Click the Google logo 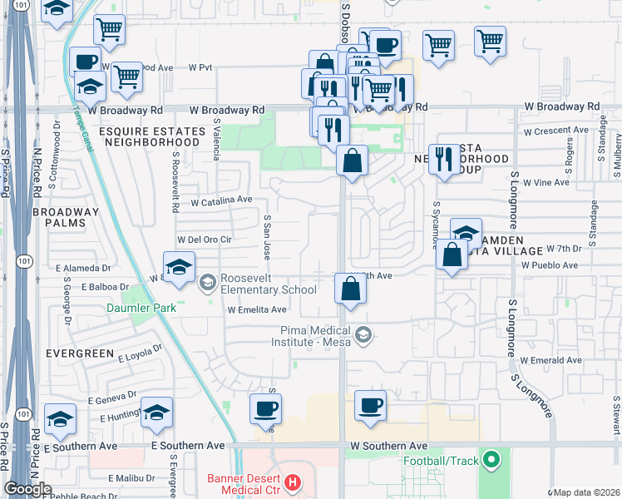pyautogui.click(x=27, y=489)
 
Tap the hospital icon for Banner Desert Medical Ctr pyautogui.click(x=291, y=482)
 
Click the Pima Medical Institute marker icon pyautogui.click(x=362, y=335)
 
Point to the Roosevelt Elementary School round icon pyautogui.click(x=208, y=284)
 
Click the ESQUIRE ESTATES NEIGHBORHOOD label pyautogui.click(x=151, y=136)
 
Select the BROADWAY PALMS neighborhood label pyautogui.click(x=66, y=218)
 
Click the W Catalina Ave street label pyautogui.click(x=220, y=200)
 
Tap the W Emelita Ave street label pyautogui.click(x=257, y=309)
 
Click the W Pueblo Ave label pyautogui.click(x=549, y=265)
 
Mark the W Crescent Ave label pyautogui.click(x=555, y=131)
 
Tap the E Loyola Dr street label pyautogui.click(x=145, y=357)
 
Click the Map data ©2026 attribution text pyautogui.click(x=586, y=492)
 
